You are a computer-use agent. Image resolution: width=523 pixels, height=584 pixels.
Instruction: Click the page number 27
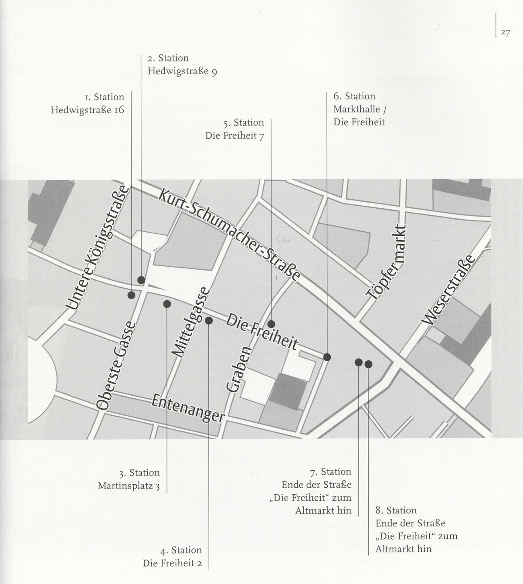click(x=506, y=33)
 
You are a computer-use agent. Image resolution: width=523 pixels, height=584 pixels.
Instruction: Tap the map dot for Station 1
click(x=131, y=295)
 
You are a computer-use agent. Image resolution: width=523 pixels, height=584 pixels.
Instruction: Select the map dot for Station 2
click(x=141, y=280)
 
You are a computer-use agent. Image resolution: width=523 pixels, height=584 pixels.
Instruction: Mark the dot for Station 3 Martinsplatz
click(x=167, y=304)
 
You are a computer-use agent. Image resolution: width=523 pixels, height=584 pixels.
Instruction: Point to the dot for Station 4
click(x=209, y=320)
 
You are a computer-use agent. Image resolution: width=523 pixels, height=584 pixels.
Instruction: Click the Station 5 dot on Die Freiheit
click(x=271, y=324)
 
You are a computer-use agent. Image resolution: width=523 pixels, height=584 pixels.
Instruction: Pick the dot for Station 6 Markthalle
click(x=327, y=357)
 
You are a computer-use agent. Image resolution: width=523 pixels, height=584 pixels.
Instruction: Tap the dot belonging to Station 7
click(x=359, y=362)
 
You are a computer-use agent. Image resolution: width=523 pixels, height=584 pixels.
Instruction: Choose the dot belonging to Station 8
click(x=368, y=364)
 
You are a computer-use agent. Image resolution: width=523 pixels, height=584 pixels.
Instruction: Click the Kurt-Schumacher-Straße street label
click(x=229, y=235)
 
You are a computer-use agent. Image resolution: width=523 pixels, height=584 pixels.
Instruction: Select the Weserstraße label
click(x=448, y=289)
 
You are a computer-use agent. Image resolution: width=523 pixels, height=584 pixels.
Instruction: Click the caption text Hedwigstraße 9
click(x=182, y=71)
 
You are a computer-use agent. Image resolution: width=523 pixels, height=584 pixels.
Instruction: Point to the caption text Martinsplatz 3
click(x=129, y=486)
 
